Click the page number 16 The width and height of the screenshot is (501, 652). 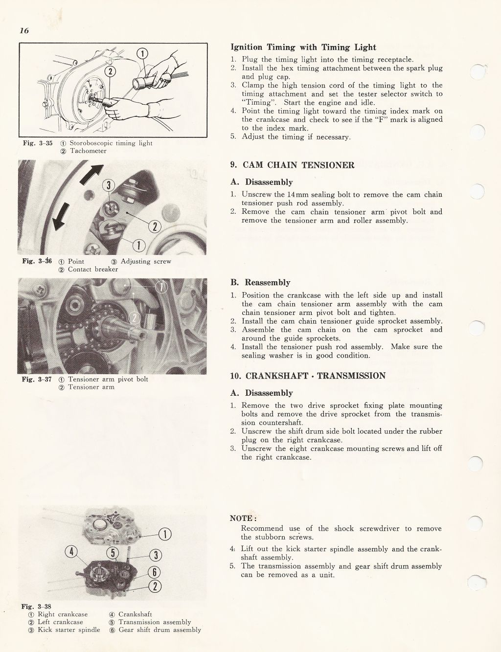24,31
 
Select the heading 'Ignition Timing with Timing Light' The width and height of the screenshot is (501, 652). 303,47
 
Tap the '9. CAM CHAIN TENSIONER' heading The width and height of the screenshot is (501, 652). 292,165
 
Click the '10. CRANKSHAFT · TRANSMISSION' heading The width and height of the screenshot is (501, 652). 308,376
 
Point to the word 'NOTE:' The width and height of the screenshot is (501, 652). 243,518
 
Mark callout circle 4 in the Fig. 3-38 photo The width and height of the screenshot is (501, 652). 71,552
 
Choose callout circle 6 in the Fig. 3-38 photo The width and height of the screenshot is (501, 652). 155,572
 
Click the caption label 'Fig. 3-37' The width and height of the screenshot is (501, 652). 37,380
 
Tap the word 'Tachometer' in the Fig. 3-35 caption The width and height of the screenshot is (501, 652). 88,151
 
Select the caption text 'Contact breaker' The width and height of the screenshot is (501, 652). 93,270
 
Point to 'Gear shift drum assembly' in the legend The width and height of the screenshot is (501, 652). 160,630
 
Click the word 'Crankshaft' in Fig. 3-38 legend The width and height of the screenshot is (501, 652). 136,614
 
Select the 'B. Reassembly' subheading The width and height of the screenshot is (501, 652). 260,283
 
